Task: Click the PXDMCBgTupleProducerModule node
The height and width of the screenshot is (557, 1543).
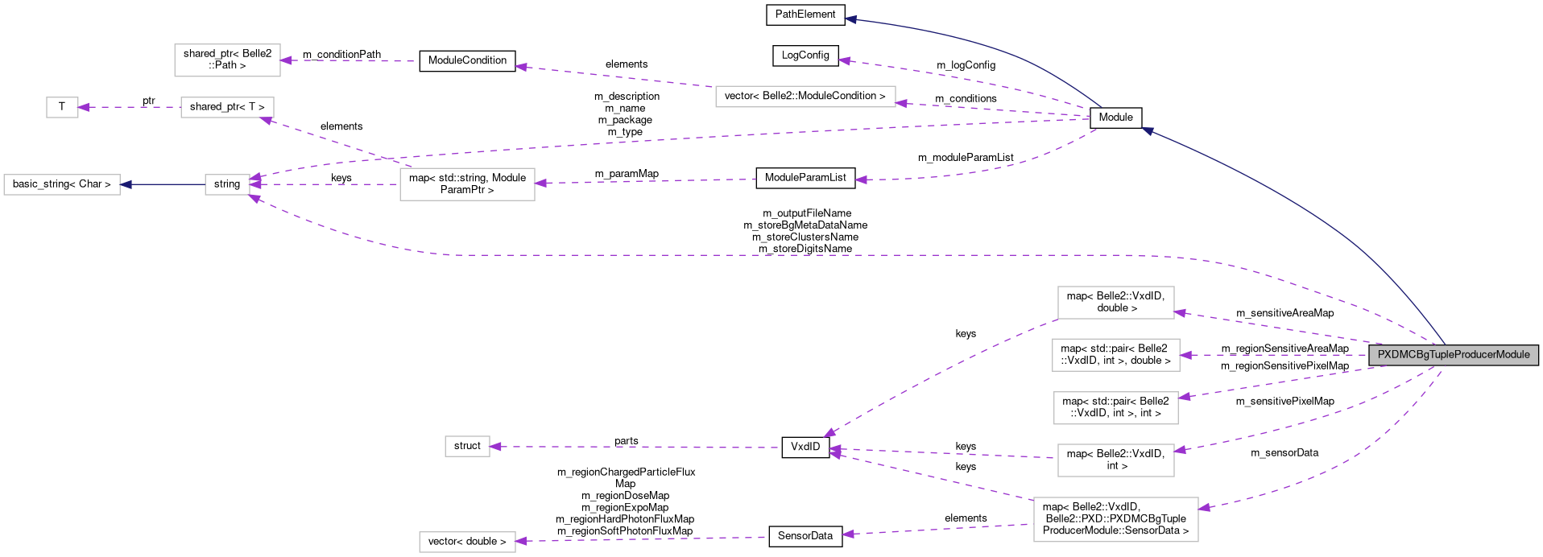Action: [1453, 355]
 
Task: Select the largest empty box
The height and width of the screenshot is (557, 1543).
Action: [1115, 519]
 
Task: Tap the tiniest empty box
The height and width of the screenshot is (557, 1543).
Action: [62, 107]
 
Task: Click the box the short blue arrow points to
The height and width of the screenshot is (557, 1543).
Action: [62, 184]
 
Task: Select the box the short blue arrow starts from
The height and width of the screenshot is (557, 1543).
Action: [227, 184]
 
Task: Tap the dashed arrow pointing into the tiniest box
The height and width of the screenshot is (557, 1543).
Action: [129, 107]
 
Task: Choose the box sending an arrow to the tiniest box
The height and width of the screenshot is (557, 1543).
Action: [227, 107]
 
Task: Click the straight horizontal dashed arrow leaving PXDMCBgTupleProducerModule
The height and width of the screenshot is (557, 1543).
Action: [1272, 355]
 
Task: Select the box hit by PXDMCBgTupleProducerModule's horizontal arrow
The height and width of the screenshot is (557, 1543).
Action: [1115, 355]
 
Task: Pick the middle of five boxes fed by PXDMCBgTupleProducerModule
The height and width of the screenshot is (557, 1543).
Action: [1115, 408]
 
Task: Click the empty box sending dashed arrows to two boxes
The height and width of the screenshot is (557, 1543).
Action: [467, 184]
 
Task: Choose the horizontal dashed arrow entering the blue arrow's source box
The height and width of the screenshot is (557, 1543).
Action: [322, 184]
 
